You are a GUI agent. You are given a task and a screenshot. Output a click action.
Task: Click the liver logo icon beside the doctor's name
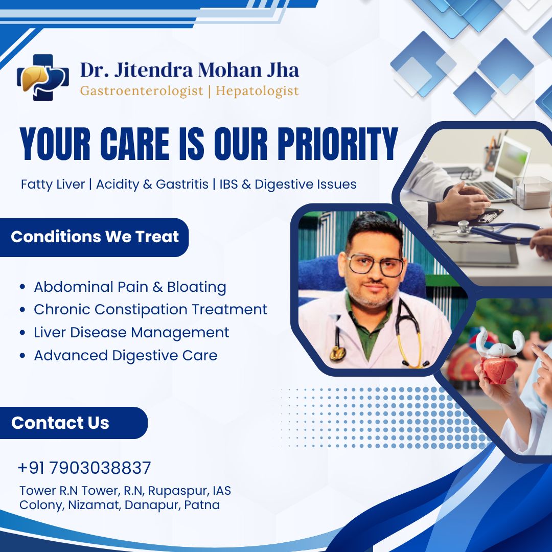(x=42, y=77)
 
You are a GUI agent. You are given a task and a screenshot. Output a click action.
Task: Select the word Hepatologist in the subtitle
(x=257, y=91)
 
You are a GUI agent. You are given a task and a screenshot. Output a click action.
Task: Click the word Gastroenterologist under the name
(x=142, y=91)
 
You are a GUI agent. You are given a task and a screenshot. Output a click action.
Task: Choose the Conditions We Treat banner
(x=95, y=237)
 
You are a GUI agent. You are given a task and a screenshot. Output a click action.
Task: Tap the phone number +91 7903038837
(x=84, y=468)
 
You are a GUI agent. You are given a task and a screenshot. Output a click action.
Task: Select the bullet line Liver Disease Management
(x=131, y=332)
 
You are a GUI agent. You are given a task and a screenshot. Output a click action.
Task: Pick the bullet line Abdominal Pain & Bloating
(x=130, y=287)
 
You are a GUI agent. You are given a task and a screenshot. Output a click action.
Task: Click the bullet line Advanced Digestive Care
(x=125, y=355)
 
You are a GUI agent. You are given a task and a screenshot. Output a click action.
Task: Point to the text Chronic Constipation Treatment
(x=150, y=309)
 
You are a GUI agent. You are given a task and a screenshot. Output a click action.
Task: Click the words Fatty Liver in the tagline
(x=53, y=184)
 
